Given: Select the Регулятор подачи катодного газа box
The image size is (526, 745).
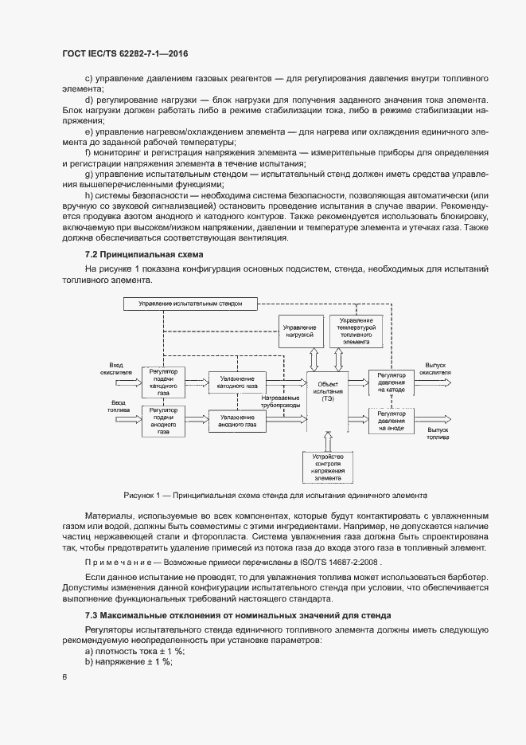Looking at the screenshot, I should (x=162, y=381).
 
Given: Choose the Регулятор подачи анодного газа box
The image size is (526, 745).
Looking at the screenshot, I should (x=162, y=421).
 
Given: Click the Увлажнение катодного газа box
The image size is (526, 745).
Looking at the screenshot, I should (x=237, y=382).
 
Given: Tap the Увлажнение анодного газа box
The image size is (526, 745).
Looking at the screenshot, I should (x=237, y=420).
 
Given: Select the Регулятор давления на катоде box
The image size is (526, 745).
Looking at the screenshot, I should (x=392, y=382).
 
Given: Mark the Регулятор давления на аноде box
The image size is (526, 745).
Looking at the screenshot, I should (x=392, y=421).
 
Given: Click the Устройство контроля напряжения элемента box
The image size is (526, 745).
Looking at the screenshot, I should (x=327, y=467).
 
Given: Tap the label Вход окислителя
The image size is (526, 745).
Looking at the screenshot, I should (x=110, y=368).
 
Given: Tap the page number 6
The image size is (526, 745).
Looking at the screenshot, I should (x=64, y=677).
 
